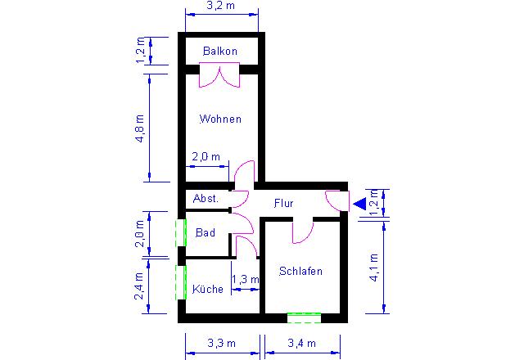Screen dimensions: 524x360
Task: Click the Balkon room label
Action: (220, 51)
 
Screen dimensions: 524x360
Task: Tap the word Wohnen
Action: (220, 119)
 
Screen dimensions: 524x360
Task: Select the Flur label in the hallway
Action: (284, 203)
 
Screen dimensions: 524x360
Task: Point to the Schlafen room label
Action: (300, 271)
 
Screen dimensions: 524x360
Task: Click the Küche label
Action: (208, 289)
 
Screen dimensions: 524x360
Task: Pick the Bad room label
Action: (206, 232)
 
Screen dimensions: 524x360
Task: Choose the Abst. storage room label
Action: (206, 199)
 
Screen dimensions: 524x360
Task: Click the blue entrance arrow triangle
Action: (360, 204)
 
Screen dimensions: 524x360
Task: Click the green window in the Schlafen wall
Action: (304, 318)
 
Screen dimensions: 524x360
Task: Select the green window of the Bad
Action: (181, 233)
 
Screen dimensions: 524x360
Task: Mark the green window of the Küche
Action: (181, 282)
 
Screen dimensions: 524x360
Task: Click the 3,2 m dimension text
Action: (221, 6)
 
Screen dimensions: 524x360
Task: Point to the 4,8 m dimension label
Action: (140, 128)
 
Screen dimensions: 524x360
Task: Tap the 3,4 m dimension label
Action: (302, 343)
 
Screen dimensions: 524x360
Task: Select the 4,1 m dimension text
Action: (374, 268)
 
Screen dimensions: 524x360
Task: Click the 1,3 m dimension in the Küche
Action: (246, 279)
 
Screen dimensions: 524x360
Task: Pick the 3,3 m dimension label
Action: (222, 343)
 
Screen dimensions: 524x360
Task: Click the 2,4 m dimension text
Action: (139, 286)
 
